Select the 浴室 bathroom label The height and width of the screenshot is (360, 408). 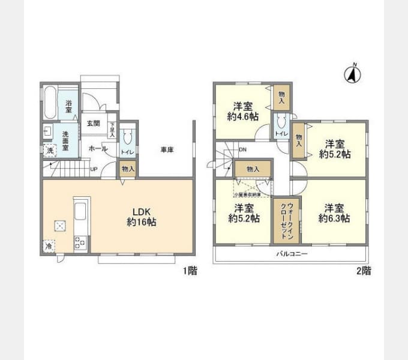pos(69,106)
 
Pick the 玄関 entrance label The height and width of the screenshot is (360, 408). pos(93,124)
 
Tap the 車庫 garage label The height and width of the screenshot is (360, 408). pos(167,149)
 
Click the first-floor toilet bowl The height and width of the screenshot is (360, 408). pos(127,139)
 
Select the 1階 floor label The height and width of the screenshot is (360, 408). pos(190,271)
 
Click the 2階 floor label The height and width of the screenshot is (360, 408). pos(364,271)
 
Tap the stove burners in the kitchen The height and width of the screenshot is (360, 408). pos(80,242)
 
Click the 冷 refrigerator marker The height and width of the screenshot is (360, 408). pos(48,246)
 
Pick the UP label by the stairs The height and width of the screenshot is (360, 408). pos(94,169)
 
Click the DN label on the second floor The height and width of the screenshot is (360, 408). pos(242,150)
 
